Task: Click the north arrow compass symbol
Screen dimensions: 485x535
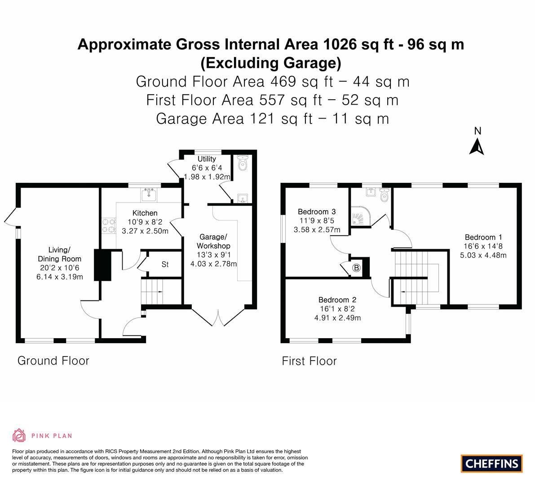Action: (477, 143)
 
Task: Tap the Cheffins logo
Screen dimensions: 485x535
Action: (491, 463)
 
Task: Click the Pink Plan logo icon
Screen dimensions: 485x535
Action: (19, 435)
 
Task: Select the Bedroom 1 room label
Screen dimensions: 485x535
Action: (483, 237)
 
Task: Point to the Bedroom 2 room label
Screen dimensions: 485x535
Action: (337, 300)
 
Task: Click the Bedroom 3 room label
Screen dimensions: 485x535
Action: (317, 212)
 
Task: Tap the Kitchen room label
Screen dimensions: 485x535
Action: (145, 213)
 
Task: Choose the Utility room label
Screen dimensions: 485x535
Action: (207, 159)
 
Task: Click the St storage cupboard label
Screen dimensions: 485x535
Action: (165, 265)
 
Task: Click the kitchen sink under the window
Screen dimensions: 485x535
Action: (149, 195)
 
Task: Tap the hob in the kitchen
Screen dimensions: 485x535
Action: (108, 225)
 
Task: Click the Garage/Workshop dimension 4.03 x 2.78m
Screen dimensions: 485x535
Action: (213, 264)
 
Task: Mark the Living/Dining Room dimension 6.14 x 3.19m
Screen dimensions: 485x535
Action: (59, 277)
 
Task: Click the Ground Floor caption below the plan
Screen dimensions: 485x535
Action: (53, 361)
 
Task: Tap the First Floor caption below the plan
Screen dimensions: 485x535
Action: (309, 361)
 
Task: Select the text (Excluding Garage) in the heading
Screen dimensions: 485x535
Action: (270, 63)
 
